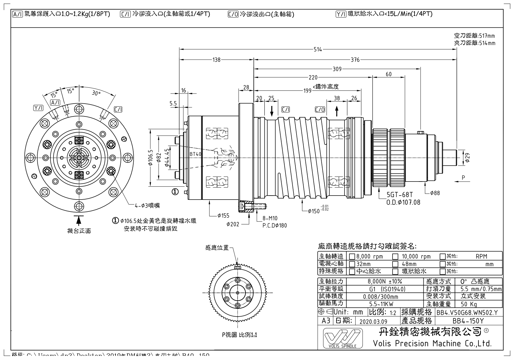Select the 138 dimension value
(x=216, y=60)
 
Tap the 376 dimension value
(x=355, y=60)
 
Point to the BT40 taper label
(x=195, y=154)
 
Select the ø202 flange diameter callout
(x=233, y=224)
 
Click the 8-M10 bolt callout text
(x=270, y=219)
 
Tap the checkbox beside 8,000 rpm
(x=352, y=256)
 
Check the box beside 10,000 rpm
(x=395, y=256)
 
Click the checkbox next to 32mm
(x=352, y=264)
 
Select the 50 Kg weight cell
(x=469, y=304)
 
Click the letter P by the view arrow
(x=463, y=178)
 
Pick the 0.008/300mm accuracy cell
(x=385, y=296)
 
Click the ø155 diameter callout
(x=223, y=216)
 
